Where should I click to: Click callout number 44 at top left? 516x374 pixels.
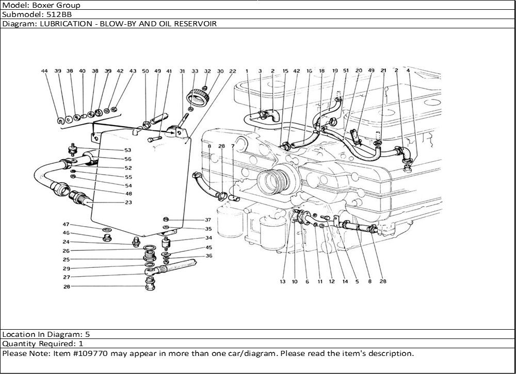(x=44, y=71)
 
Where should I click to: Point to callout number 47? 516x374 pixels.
(x=66, y=225)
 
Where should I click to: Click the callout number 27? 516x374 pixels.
(x=66, y=277)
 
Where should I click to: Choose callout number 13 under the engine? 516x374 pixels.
(x=283, y=282)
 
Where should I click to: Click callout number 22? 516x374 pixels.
(x=233, y=71)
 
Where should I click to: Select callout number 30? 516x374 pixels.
(x=220, y=71)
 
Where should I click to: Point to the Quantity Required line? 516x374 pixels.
(x=43, y=343)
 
